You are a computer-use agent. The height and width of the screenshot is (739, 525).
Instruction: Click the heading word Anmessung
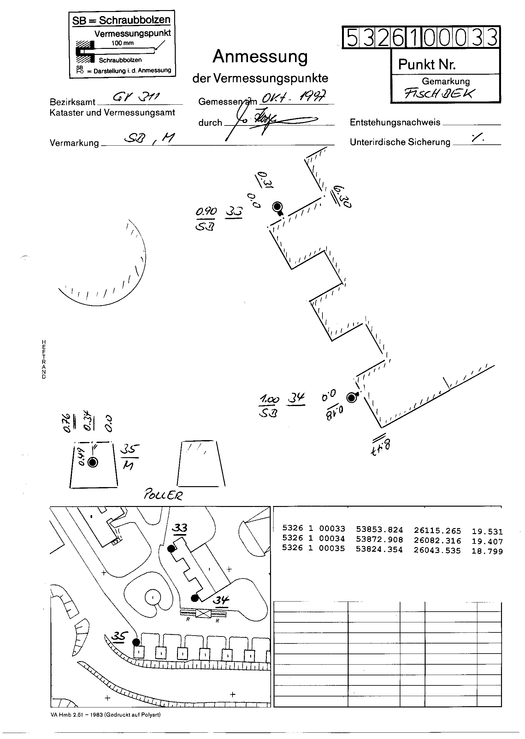click(260, 57)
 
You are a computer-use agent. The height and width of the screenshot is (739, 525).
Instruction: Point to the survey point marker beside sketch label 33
click(277, 207)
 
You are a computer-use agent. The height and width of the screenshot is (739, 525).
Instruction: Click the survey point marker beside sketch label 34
click(351, 398)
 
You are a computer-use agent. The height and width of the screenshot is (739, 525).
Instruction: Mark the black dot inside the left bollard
click(93, 463)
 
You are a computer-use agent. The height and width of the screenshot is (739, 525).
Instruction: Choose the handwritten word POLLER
click(163, 495)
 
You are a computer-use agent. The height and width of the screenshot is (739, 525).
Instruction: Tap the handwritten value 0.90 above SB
click(206, 212)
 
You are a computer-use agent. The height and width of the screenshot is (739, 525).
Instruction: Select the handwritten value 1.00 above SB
click(269, 400)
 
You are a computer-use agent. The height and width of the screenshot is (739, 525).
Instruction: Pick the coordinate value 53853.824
click(380, 530)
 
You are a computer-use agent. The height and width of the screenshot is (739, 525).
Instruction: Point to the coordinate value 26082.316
click(437, 540)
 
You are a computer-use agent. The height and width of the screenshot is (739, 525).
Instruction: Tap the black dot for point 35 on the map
click(136, 642)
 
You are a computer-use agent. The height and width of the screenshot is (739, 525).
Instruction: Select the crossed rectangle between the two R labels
click(203, 613)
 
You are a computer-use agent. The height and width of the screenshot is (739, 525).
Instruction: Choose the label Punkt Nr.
click(427, 65)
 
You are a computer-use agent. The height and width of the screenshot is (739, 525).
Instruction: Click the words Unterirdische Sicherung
click(400, 142)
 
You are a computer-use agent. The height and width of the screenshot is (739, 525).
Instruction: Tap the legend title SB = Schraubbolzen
click(121, 20)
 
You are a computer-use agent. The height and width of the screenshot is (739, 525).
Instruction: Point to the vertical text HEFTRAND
click(44, 359)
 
